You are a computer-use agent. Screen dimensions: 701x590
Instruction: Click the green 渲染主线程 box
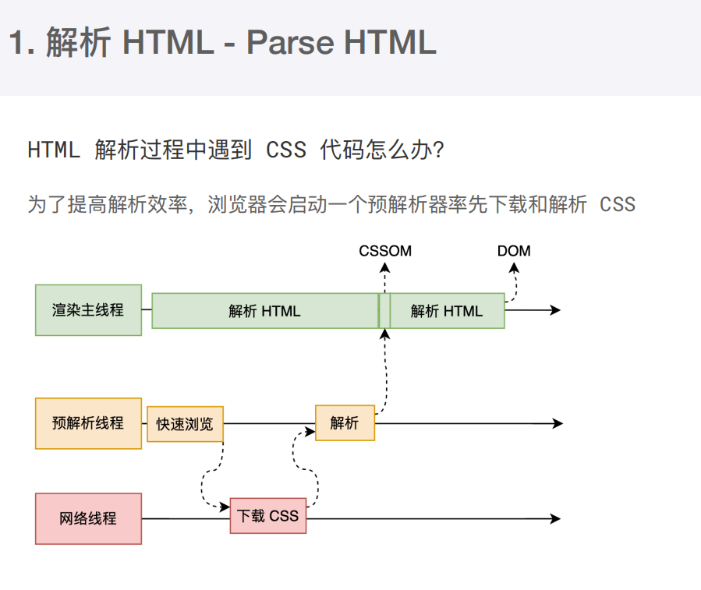(89, 309)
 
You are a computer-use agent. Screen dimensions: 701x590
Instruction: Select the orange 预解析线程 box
(89, 423)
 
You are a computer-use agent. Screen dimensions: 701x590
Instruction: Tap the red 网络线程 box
(89, 518)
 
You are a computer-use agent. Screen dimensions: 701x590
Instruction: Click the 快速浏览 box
(185, 424)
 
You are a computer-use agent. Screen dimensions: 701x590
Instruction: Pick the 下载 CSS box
(268, 516)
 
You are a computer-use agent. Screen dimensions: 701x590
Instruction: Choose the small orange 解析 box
(345, 423)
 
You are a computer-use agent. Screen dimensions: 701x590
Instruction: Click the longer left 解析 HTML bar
(265, 311)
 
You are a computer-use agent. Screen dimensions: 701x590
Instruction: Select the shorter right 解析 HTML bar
(447, 311)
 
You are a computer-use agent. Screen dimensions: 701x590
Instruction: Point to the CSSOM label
(385, 251)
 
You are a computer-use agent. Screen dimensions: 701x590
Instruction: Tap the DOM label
(514, 251)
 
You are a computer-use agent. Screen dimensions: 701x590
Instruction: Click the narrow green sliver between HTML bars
(384, 311)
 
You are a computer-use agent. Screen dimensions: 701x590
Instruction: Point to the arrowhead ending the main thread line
(555, 309)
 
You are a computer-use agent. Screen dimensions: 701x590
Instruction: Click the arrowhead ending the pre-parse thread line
(558, 423)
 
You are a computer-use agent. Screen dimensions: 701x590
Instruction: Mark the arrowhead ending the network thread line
(555, 518)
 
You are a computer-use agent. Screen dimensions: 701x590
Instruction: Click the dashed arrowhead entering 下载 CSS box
(225, 507)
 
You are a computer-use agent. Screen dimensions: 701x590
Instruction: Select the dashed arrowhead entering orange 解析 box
(310, 431)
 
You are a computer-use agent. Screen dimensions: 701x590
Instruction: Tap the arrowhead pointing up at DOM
(514, 268)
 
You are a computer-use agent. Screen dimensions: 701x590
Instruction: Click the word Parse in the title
(290, 42)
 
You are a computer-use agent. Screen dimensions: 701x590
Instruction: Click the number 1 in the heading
(16, 42)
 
